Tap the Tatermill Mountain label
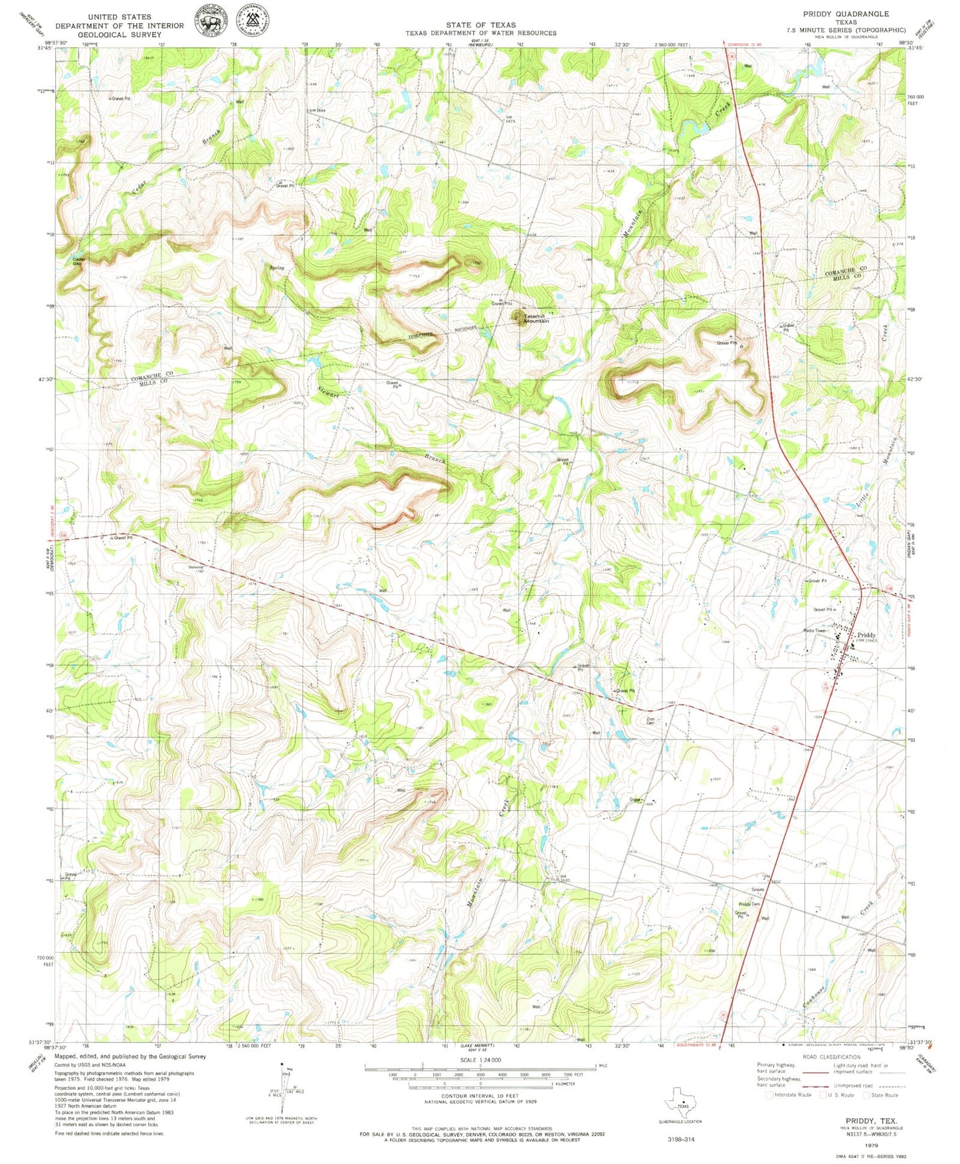537,318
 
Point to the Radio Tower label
814,630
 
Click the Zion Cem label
650,720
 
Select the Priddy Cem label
749,904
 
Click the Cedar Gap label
78,260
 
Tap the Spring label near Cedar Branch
276,268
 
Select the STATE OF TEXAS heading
480,25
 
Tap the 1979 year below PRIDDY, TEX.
872,1145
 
